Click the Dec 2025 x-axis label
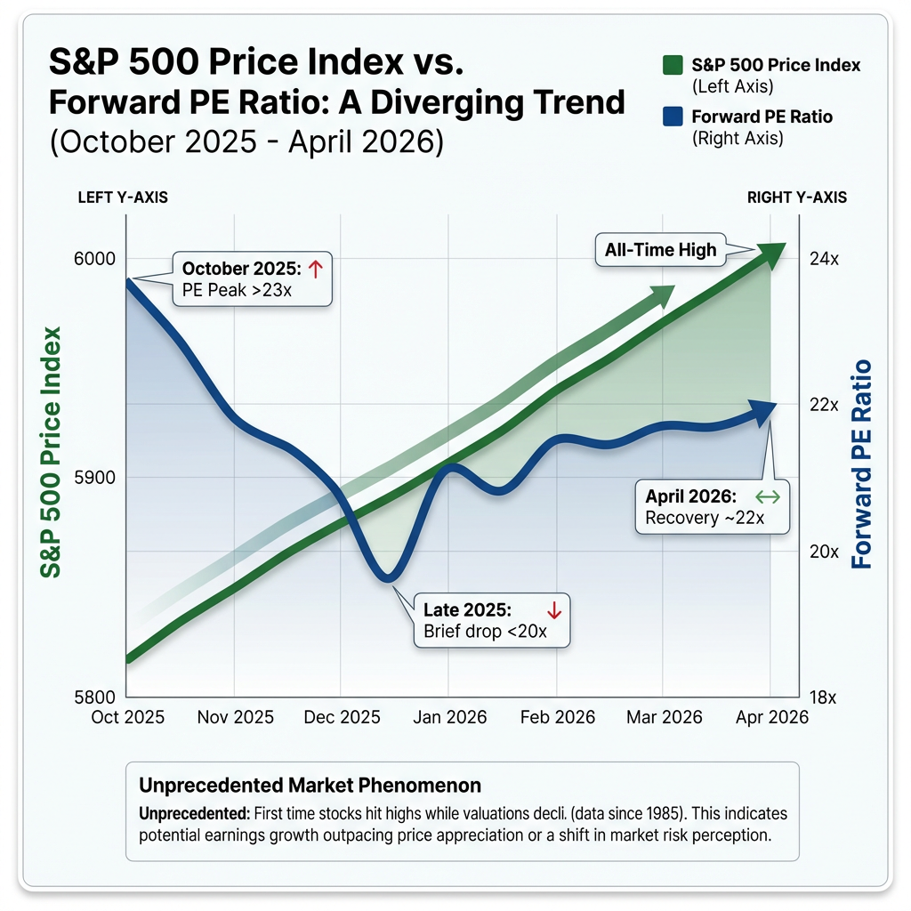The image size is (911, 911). (343, 717)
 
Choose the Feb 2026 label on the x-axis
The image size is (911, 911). (558, 717)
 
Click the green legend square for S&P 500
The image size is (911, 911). (673, 66)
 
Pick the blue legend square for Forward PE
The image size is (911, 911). (673, 117)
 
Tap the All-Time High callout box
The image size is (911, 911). (660, 250)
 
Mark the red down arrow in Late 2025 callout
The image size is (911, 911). (553, 610)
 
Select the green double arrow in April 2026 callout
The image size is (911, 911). (767, 497)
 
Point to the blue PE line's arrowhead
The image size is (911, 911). (770, 407)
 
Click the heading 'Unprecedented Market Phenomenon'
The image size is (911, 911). (310, 786)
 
